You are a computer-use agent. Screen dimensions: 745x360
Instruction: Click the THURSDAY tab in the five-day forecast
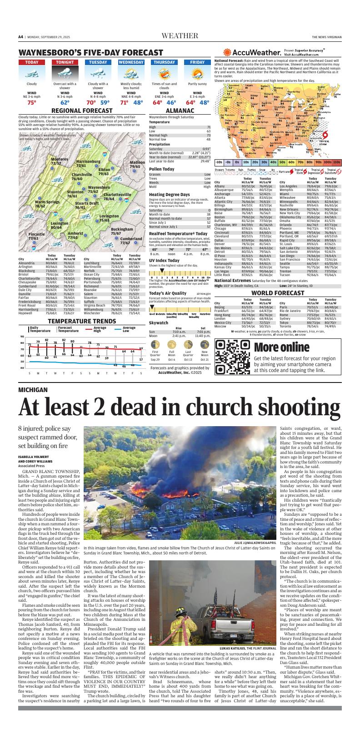point(164,62)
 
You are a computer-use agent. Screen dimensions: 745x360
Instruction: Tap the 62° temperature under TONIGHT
point(65,103)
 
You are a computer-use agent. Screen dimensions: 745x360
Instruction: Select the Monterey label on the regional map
point(59,159)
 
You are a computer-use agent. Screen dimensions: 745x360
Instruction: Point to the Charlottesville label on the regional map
point(117,194)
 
